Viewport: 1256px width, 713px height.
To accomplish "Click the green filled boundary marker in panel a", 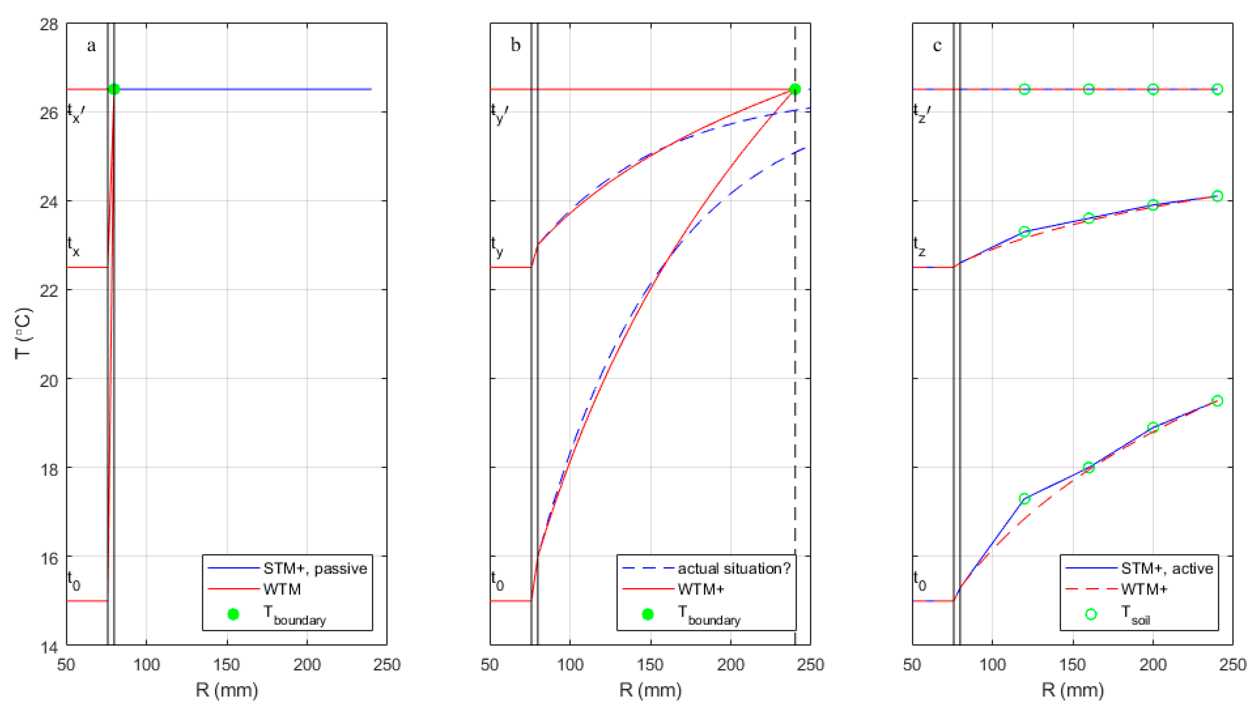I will [x=114, y=89].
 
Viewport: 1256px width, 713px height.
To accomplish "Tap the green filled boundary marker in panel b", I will [x=795, y=89].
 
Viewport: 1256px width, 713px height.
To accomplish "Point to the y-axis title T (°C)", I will [x=23, y=333].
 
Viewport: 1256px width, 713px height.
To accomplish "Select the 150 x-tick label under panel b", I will [x=650, y=665].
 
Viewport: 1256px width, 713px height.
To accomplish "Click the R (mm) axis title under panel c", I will [x=1072, y=690].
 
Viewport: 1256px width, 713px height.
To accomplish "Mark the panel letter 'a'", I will [x=91, y=45].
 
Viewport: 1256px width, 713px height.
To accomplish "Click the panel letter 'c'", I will [x=937, y=45].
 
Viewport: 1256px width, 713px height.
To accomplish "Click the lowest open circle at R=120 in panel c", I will [x=1024, y=499].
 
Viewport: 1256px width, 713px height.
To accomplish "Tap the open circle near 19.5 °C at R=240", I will [x=1217, y=401].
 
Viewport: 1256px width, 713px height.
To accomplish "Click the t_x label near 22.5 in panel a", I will [x=73, y=246].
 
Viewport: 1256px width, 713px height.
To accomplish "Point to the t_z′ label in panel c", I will [x=921, y=113].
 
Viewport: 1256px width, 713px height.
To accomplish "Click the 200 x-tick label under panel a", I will [x=307, y=665].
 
